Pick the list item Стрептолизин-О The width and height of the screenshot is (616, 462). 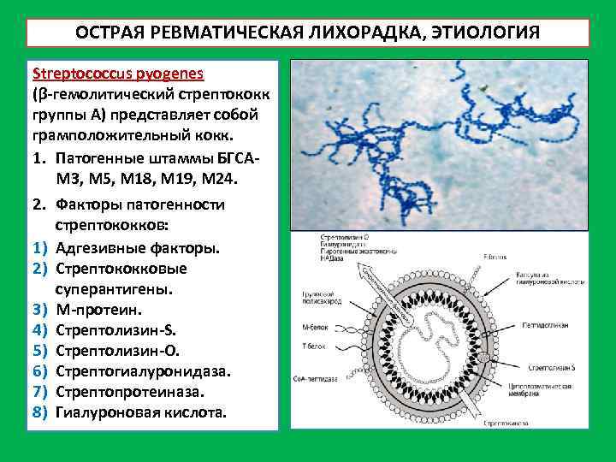click(x=117, y=350)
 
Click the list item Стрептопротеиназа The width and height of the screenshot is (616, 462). click(x=128, y=392)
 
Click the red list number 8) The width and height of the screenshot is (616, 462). click(x=39, y=413)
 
